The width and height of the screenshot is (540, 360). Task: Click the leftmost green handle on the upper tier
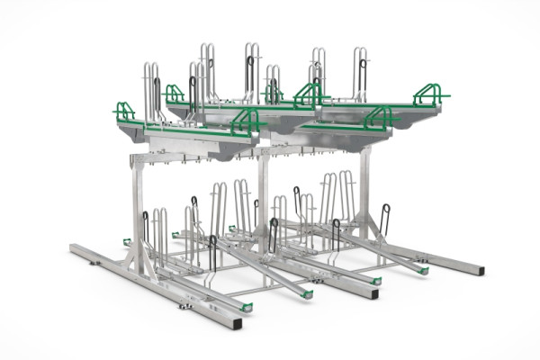tap(124, 112)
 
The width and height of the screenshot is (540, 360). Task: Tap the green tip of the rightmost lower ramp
tap(423, 269)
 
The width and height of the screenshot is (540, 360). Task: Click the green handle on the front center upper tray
tap(244, 122)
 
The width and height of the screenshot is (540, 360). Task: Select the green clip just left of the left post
tap(127, 241)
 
